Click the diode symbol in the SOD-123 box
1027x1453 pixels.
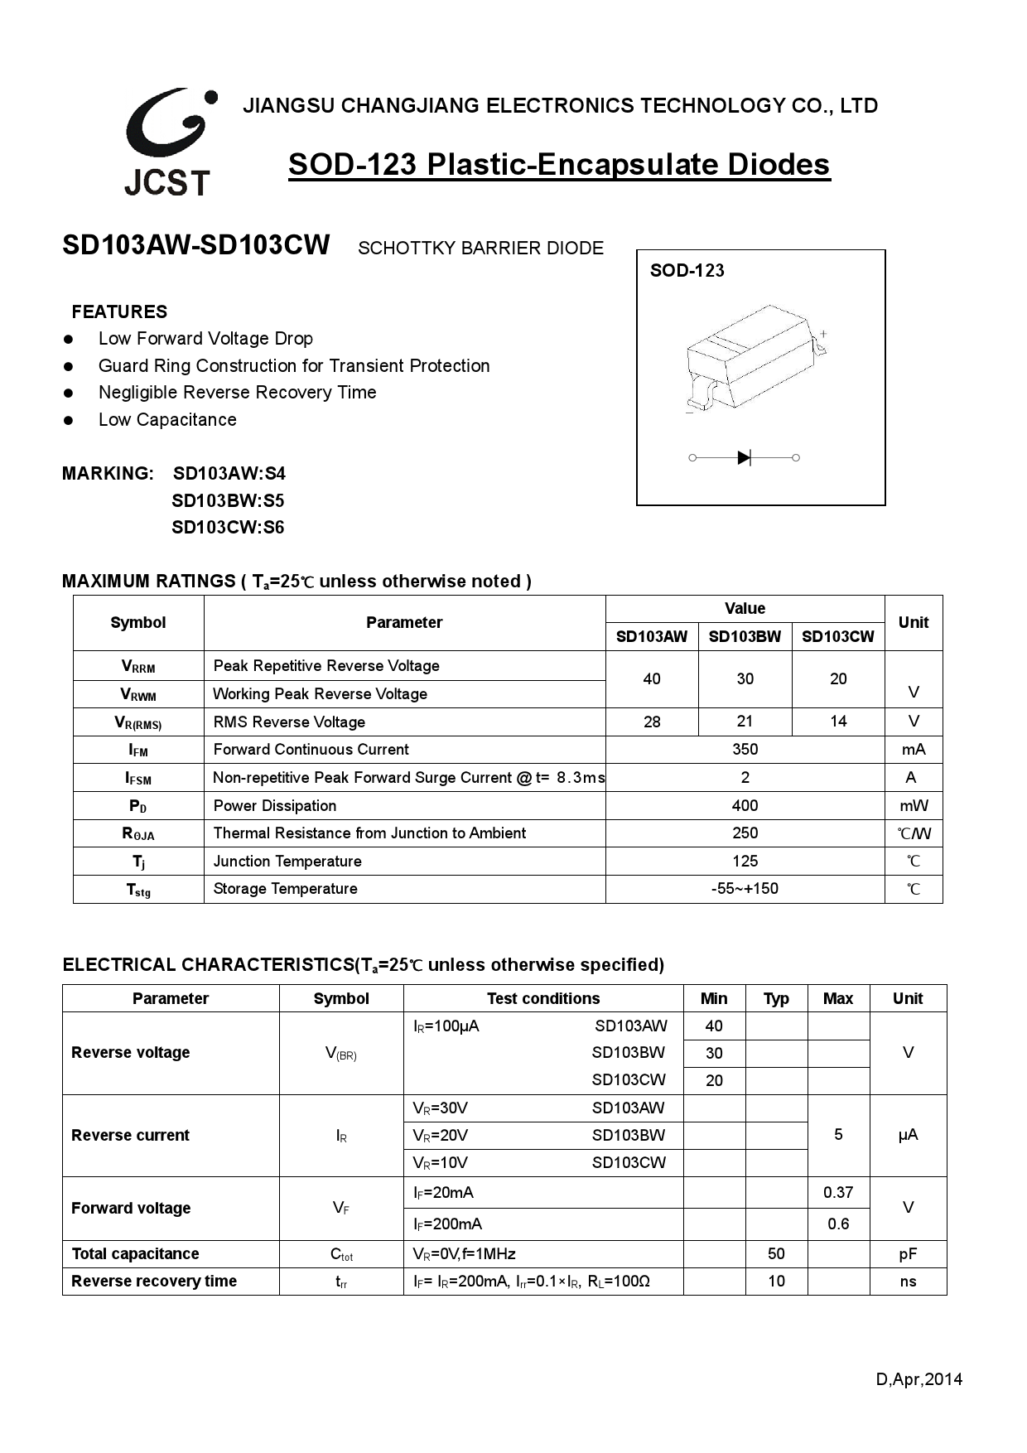pyautogui.click(x=744, y=457)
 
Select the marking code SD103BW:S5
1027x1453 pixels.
pyautogui.click(x=228, y=500)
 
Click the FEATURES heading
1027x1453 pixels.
pyautogui.click(x=119, y=312)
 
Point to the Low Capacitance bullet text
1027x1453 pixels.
pyautogui.click(x=167, y=420)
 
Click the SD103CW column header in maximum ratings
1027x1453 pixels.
pyautogui.click(x=837, y=636)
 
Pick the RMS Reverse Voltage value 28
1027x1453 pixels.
pyautogui.click(x=652, y=722)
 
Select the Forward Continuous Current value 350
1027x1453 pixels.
pyautogui.click(x=745, y=749)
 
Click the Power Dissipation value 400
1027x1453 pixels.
pyautogui.click(x=745, y=805)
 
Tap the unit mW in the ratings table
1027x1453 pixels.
pyautogui.click(x=914, y=805)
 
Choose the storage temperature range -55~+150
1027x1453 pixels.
pyautogui.click(x=745, y=889)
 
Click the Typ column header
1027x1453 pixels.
pyautogui.click(x=776, y=998)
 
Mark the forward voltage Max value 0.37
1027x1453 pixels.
pyautogui.click(x=837, y=1192)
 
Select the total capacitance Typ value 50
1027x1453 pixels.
pyautogui.click(x=776, y=1253)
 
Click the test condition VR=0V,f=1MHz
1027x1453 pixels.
pyautogui.click(x=464, y=1254)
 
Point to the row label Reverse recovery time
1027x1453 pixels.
pyautogui.click(x=154, y=1282)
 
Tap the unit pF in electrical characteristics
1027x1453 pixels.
pyautogui.click(x=908, y=1254)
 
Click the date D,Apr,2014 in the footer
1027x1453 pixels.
pyautogui.click(x=919, y=1379)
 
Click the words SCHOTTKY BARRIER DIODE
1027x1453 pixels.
pyautogui.click(x=480, y=249)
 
